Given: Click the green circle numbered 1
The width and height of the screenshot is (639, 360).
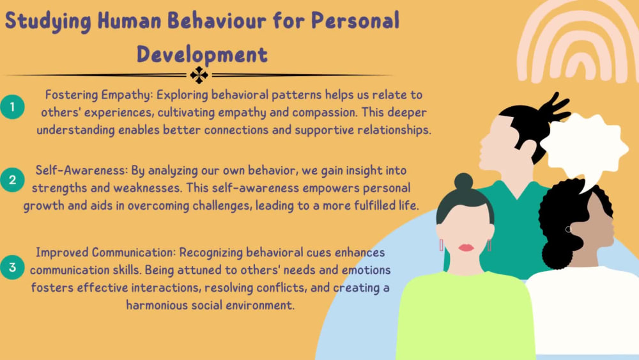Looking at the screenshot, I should (x=13, y=106).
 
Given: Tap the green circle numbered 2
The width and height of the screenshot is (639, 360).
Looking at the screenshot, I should (x=13, y=180).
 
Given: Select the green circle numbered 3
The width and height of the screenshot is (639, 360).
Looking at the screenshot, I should (x=13, y=267).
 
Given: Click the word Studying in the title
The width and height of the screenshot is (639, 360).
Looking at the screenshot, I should (x=47, y=21).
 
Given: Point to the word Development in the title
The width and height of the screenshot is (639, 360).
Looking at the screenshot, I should (x=202, y=54).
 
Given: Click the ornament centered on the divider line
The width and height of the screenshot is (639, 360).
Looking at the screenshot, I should (x=199, y=75).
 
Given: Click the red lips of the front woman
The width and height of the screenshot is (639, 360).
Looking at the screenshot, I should (x=466, y=247).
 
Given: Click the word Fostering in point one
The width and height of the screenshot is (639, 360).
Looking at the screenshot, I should (x=70, y=95).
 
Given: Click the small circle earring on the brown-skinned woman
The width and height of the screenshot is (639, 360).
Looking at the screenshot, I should (x=568, y=229).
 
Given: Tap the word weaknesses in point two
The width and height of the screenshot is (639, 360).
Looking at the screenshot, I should (x=128, y=189).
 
